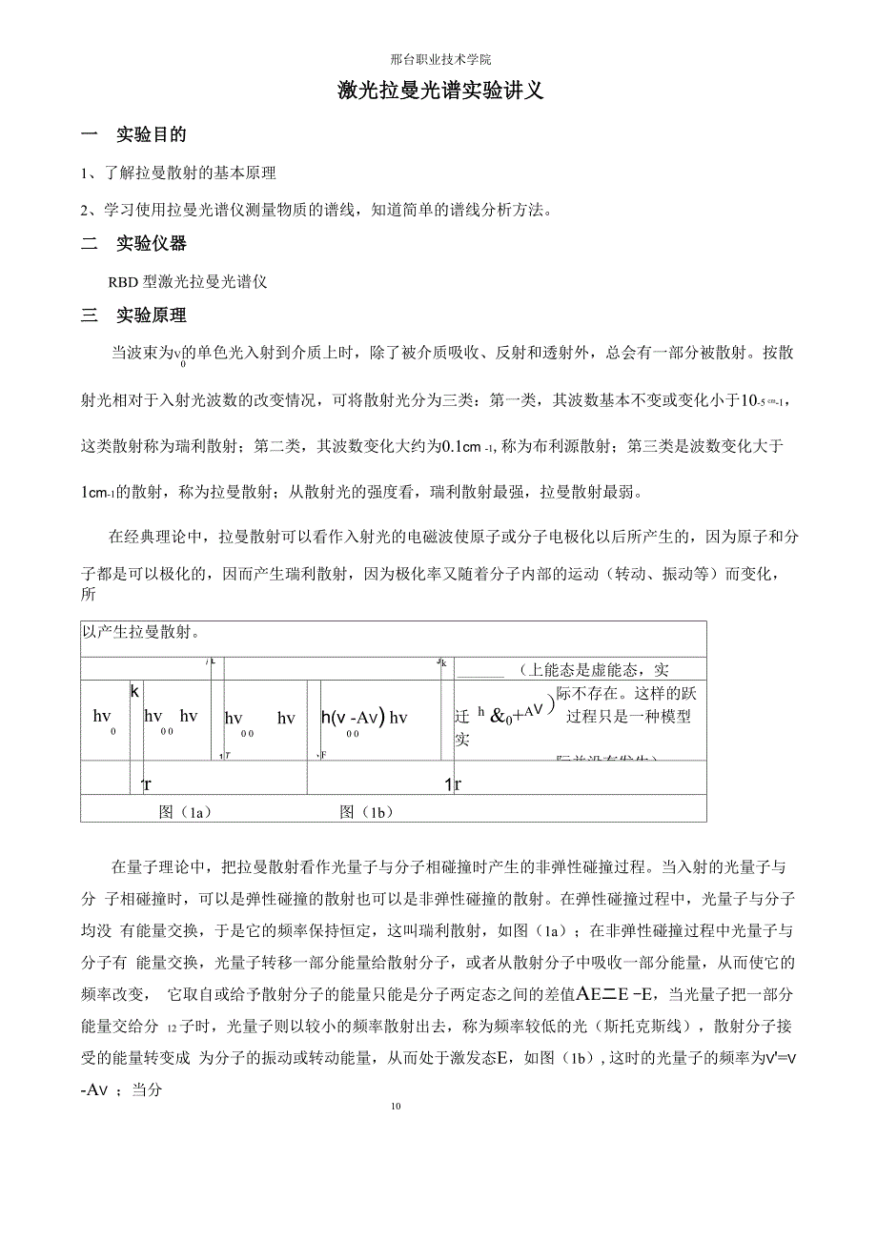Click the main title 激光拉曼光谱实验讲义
click(440, 92)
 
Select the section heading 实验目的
click(152, 135)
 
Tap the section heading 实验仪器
click(152, 244)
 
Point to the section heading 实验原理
click(152, 315)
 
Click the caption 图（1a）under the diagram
click(185, 812)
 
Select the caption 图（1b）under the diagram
click(366, 812)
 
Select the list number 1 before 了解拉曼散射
click(85, 173)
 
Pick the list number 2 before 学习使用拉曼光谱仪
click(85, 210)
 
